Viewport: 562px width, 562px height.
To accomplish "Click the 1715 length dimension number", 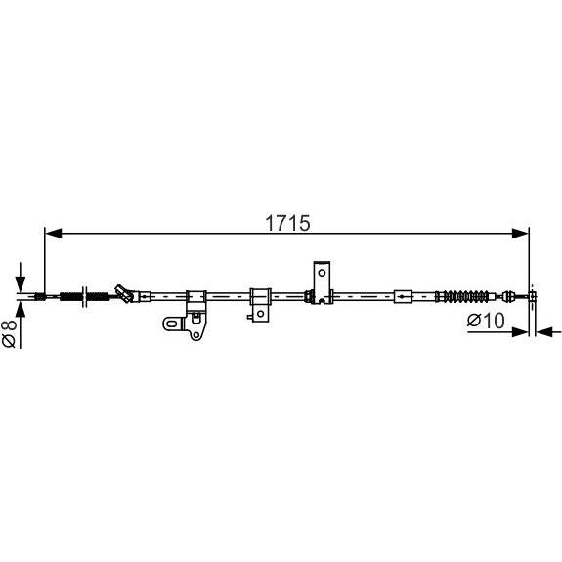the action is click(x=287, y=223).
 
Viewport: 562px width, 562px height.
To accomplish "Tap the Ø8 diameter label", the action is click(x=10, y=334).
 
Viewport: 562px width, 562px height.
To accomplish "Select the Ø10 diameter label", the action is click(x=486, y=321).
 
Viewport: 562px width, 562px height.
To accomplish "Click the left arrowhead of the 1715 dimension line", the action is click(x=54, y=234).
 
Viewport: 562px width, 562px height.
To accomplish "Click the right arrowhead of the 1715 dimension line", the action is click(x=520, y=234).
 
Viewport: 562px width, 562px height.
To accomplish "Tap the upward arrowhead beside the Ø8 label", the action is click(x=21, y=310).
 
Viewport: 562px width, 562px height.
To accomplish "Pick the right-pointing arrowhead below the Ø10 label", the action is click(x=520, y=332).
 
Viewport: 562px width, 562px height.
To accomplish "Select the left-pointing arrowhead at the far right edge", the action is click(x=544, y=332).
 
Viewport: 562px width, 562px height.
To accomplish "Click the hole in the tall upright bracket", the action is click(x=322, y=273).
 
